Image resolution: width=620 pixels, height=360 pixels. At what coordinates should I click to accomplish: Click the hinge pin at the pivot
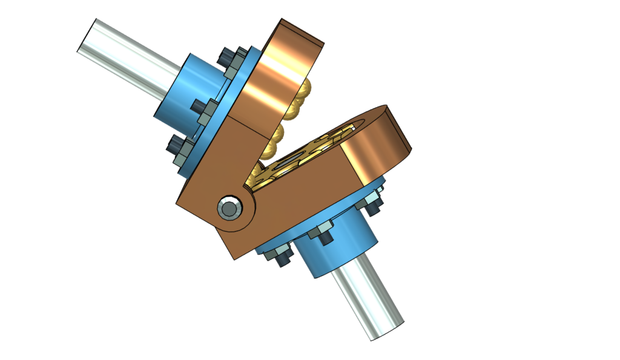[229, 208]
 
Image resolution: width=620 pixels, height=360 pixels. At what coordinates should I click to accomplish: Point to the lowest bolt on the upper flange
[176, 148]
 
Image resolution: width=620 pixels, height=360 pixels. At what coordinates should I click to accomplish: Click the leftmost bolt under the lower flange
[280, 254]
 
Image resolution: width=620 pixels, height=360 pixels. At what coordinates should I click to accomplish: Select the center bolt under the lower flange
[320, 233]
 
